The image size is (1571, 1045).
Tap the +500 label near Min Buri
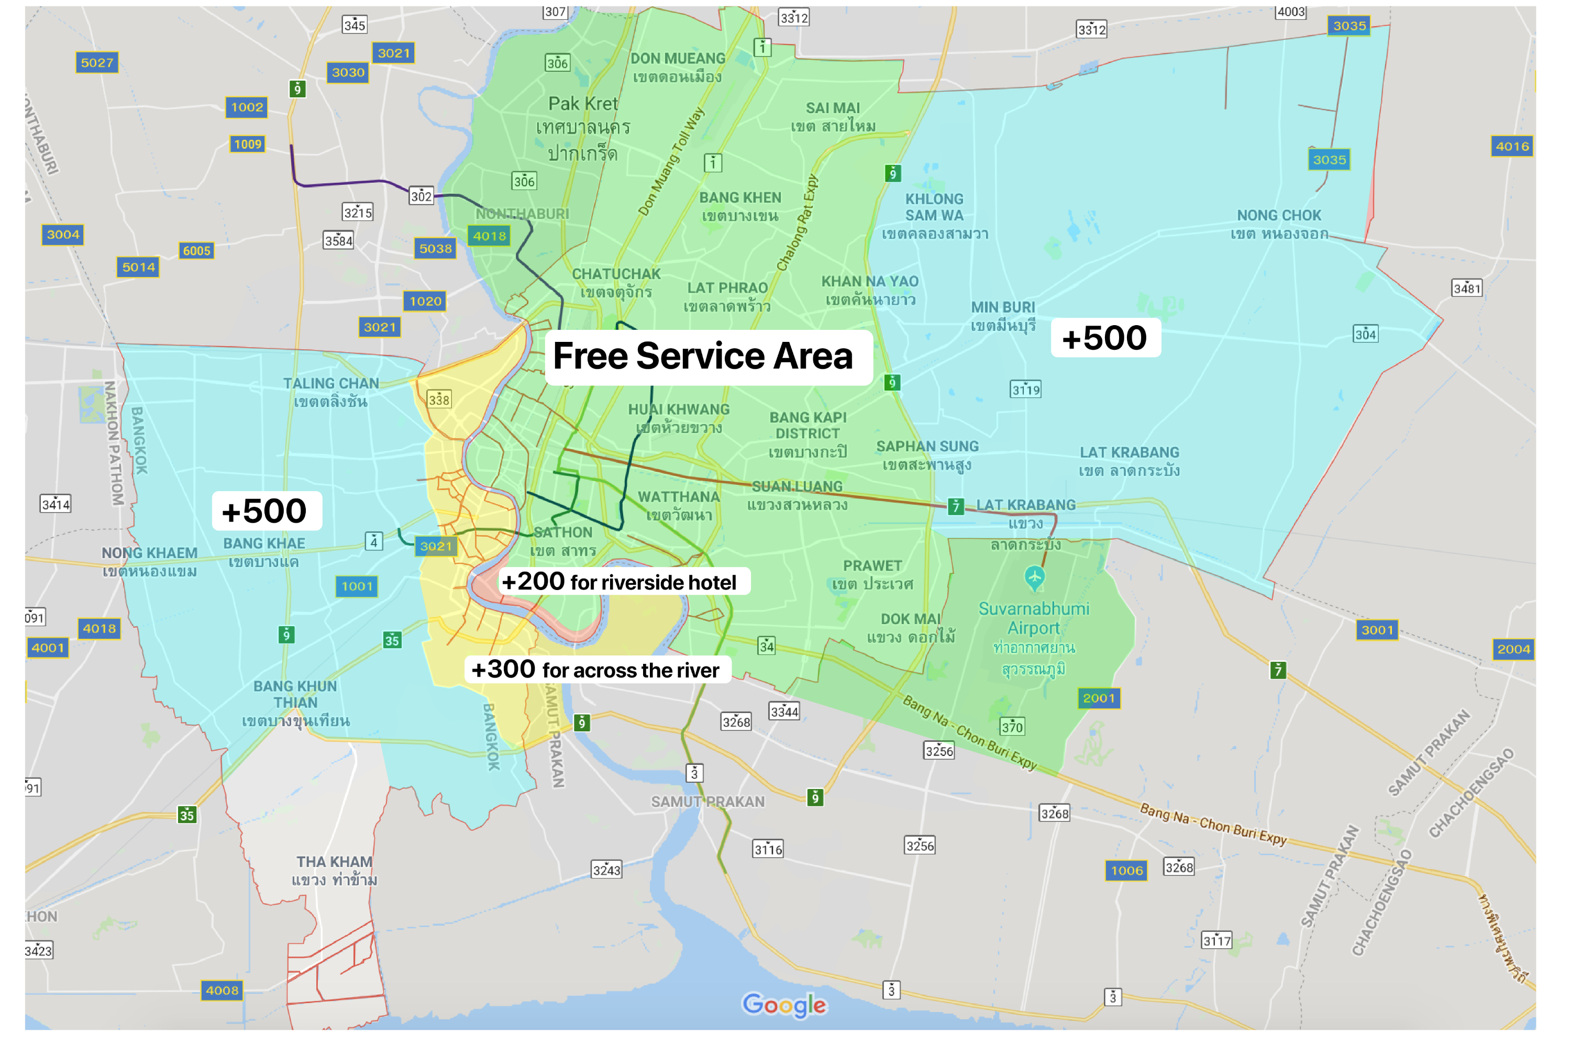coord(1104,338)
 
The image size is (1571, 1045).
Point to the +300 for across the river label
coord(596,669)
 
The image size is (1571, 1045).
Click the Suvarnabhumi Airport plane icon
coord(1034,577)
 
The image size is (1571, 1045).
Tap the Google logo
coord(784,1004)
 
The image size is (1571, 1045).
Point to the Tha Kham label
coord(334,870)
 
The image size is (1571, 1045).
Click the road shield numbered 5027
coord(97,63)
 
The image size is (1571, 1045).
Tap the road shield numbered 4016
coord(1512,147)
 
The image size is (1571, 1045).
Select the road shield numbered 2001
coord(1099,698)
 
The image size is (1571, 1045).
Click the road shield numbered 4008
coord(222,991)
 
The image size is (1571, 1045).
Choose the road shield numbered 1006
coord(1126,870)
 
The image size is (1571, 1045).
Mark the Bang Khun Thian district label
coord(295,703)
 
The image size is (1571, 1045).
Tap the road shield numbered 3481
coord(1466,288)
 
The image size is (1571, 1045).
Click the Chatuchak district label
coord(616,283)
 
